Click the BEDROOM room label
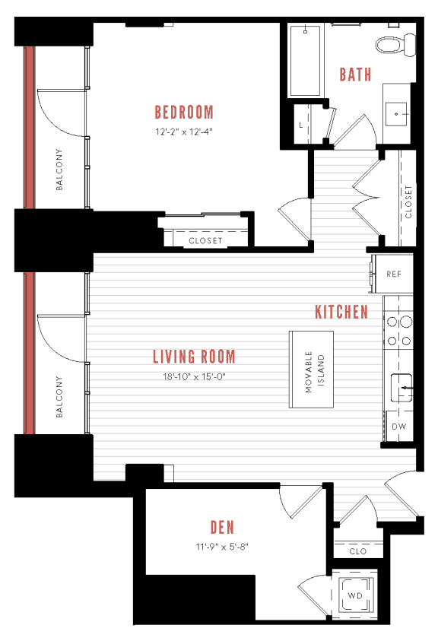click(184, 113)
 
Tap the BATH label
click(355, 75)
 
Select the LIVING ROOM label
click(194, 357)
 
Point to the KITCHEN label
click(342, 312)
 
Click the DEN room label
click(222, 527)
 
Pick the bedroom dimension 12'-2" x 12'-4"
click(184, 131)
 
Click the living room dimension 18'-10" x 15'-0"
click(194, 376)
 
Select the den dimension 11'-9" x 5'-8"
click(222, 545)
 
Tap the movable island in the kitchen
click(313, 370)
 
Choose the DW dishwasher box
click(398, 427)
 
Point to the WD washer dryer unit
click(355, 595)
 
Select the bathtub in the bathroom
click(306, 61)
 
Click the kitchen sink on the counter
click(400, 388)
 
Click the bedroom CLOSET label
click(205, 240)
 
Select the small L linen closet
click(302, 124)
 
